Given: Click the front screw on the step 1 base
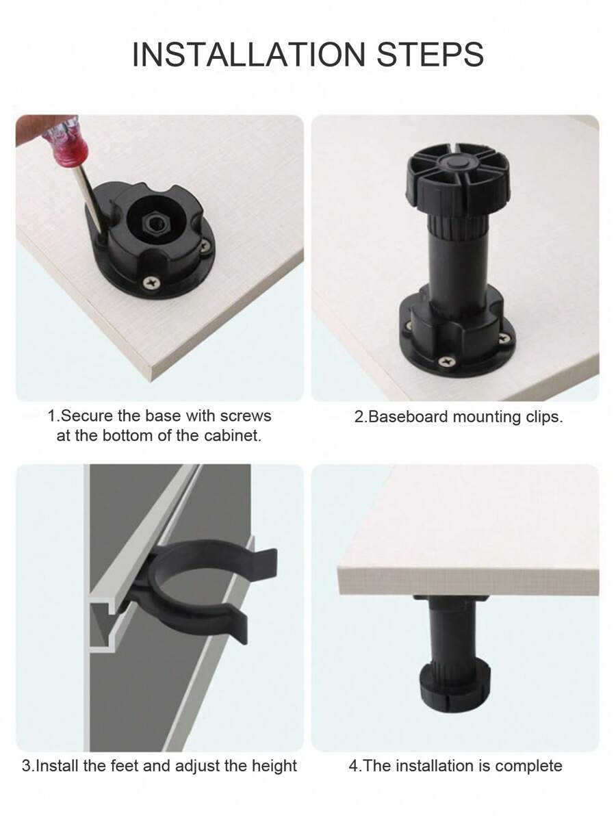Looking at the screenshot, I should pyautogui.click(x=150, y=281).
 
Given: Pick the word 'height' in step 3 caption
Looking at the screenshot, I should pyautogui.click(x=273, y=765).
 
